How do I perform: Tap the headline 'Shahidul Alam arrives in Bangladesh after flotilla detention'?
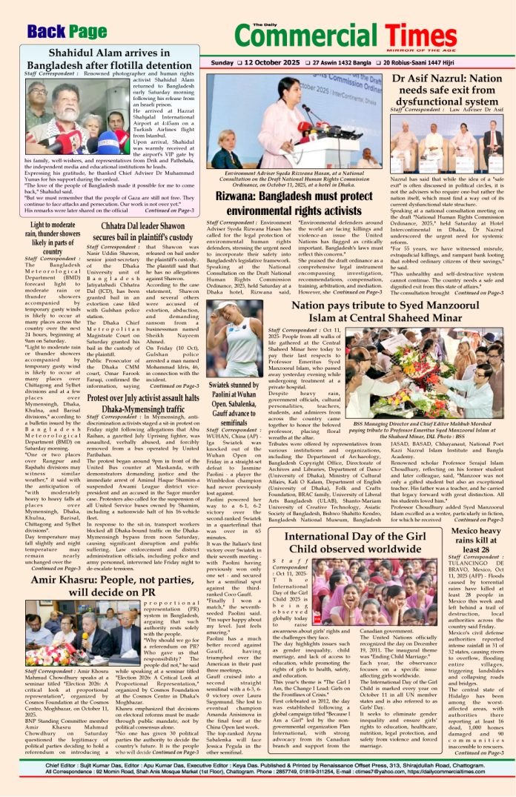point(110,59)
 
